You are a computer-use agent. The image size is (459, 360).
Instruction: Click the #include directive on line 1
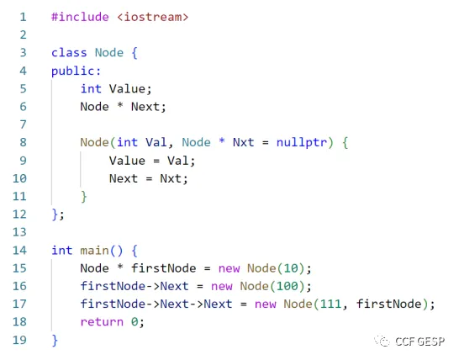[80, 17]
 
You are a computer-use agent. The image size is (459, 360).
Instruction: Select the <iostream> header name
[152, 17]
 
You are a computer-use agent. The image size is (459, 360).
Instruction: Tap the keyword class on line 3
[69, 53]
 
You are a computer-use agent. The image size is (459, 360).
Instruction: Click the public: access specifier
[76, 71]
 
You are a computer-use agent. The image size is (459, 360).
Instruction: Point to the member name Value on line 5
[127, 89]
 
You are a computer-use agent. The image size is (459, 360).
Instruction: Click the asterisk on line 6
[119, 105]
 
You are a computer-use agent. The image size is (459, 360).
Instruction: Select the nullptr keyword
[302, 143]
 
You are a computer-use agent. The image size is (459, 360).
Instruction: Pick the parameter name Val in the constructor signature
[156, 142]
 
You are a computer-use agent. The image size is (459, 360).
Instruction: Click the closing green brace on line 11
[84, 197]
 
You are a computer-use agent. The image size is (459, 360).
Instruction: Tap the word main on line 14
[94, 251]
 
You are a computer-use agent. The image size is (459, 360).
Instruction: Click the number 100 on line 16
[288, 286]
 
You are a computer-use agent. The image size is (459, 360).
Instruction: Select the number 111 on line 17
[330, 304]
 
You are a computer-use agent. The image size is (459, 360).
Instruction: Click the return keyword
[102, 322]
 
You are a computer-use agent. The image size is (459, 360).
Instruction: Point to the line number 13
[19, 232]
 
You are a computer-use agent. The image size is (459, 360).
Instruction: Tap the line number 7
[24, 124]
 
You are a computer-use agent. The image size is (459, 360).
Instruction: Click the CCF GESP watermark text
[419, 341]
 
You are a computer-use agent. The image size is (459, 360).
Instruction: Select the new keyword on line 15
[229, 268]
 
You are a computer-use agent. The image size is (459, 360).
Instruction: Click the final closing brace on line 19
[55, 341]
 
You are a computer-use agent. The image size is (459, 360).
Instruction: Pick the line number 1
[24, 17]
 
